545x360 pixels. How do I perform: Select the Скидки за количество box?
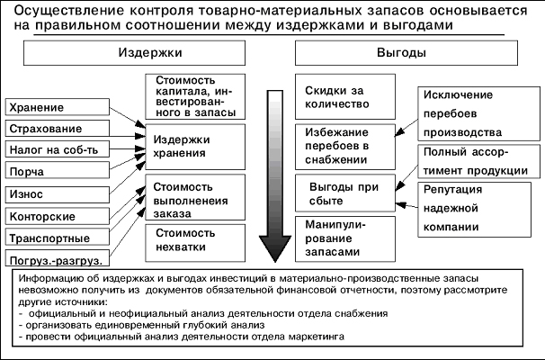tap(343, 96)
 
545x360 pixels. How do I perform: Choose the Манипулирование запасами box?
tap(343, 238)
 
